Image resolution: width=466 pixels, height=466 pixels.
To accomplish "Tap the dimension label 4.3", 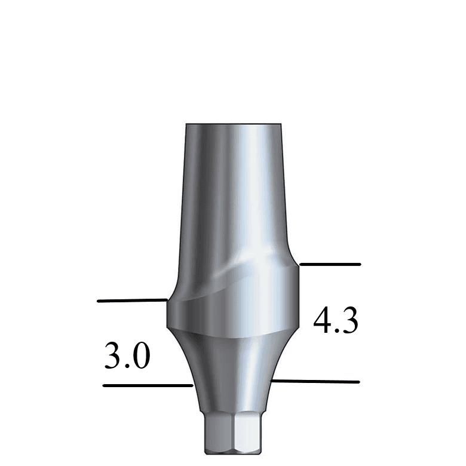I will click(x=336, y=322).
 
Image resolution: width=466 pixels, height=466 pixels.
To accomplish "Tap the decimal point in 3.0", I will click(x=127, y=365).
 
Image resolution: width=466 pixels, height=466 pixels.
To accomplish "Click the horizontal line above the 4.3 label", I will click(x=330, y=263).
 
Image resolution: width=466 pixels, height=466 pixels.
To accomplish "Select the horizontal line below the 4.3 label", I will click(x=315, y=381).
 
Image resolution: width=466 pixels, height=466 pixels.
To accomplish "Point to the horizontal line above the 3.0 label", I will click(x=131, y=301).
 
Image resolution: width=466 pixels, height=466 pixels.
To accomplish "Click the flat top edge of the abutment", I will click(x=232, y=124).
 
